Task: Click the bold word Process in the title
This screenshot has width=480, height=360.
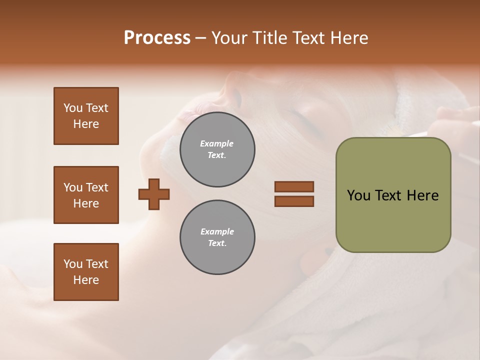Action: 157,38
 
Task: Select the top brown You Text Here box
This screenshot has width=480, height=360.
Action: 86,116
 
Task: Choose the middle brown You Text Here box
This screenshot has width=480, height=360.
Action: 86,195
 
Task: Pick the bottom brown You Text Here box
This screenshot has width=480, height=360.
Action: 86,272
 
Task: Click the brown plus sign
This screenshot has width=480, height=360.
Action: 154,194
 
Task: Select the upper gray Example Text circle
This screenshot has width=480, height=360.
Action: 217,149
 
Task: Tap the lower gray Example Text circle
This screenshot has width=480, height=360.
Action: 217,237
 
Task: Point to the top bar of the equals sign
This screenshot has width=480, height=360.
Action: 294,187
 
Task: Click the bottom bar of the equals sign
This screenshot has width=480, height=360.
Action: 294,201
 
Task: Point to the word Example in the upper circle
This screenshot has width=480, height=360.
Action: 217,143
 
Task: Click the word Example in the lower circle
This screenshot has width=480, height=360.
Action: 217,231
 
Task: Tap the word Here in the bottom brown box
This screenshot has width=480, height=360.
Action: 86,280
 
